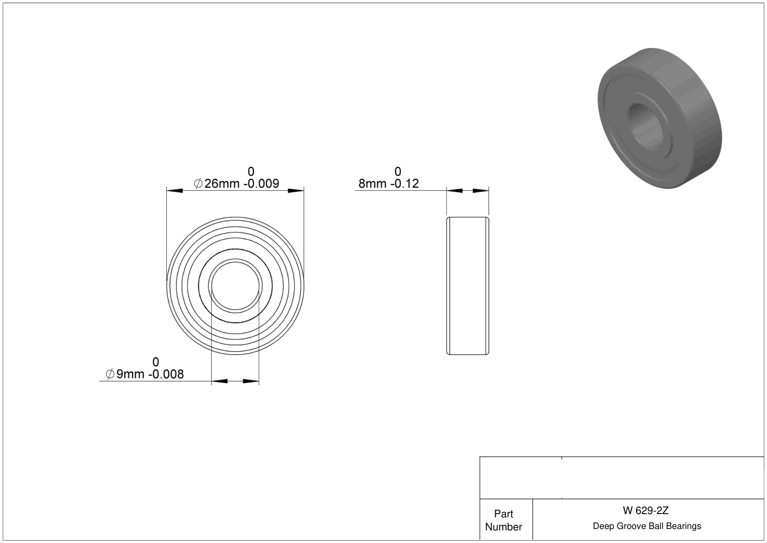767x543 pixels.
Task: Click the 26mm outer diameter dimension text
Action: coord(222,184)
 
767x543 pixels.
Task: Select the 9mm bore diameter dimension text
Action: coord(130,374)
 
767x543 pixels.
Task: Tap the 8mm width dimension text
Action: coord(372,184)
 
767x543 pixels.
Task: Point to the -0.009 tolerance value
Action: coord(261,184)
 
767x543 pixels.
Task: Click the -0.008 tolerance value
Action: coord(166,374)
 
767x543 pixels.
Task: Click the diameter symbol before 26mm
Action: coord(198,184)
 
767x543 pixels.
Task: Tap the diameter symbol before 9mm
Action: coord(110,374)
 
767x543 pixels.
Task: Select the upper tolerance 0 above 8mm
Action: coord(397,171)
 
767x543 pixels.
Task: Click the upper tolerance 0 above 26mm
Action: coord(251,171)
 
